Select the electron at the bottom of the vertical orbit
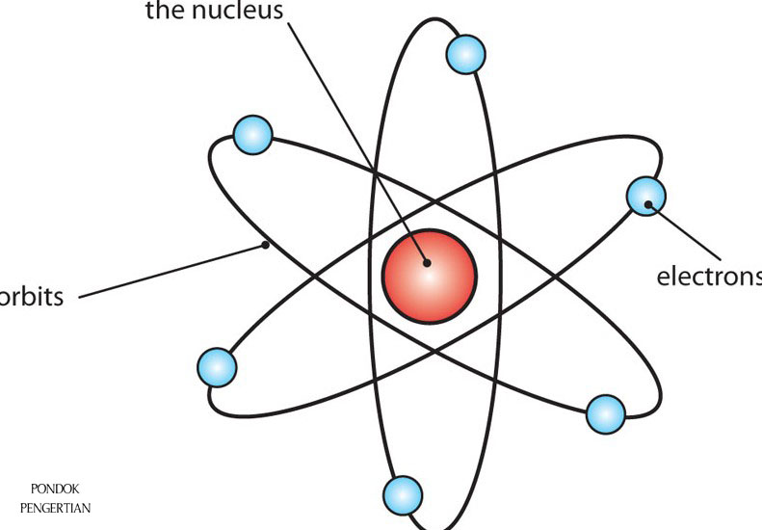403,495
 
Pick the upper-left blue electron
253,133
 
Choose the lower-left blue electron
217,367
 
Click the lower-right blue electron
606,413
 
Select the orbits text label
31,296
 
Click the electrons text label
709,278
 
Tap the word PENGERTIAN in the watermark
55,508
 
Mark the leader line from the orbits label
173,271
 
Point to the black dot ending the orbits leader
266,245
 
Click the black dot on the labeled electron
650,203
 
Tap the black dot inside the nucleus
425,260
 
